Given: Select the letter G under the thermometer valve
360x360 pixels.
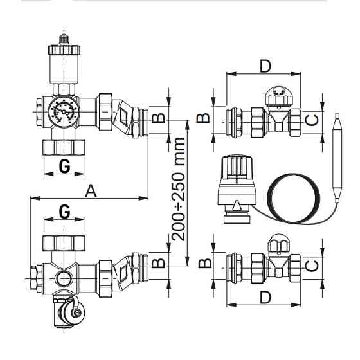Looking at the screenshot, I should (64, 166).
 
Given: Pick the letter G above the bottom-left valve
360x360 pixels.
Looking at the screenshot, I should (64, 212).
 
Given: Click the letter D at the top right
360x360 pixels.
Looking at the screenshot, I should (264, 65).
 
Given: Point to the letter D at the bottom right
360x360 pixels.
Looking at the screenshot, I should (264, 298).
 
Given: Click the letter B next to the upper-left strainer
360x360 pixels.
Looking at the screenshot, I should (160, 118).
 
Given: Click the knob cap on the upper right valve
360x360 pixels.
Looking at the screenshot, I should (281, 96).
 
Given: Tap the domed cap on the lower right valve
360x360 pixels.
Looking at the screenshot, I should (281, 243).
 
